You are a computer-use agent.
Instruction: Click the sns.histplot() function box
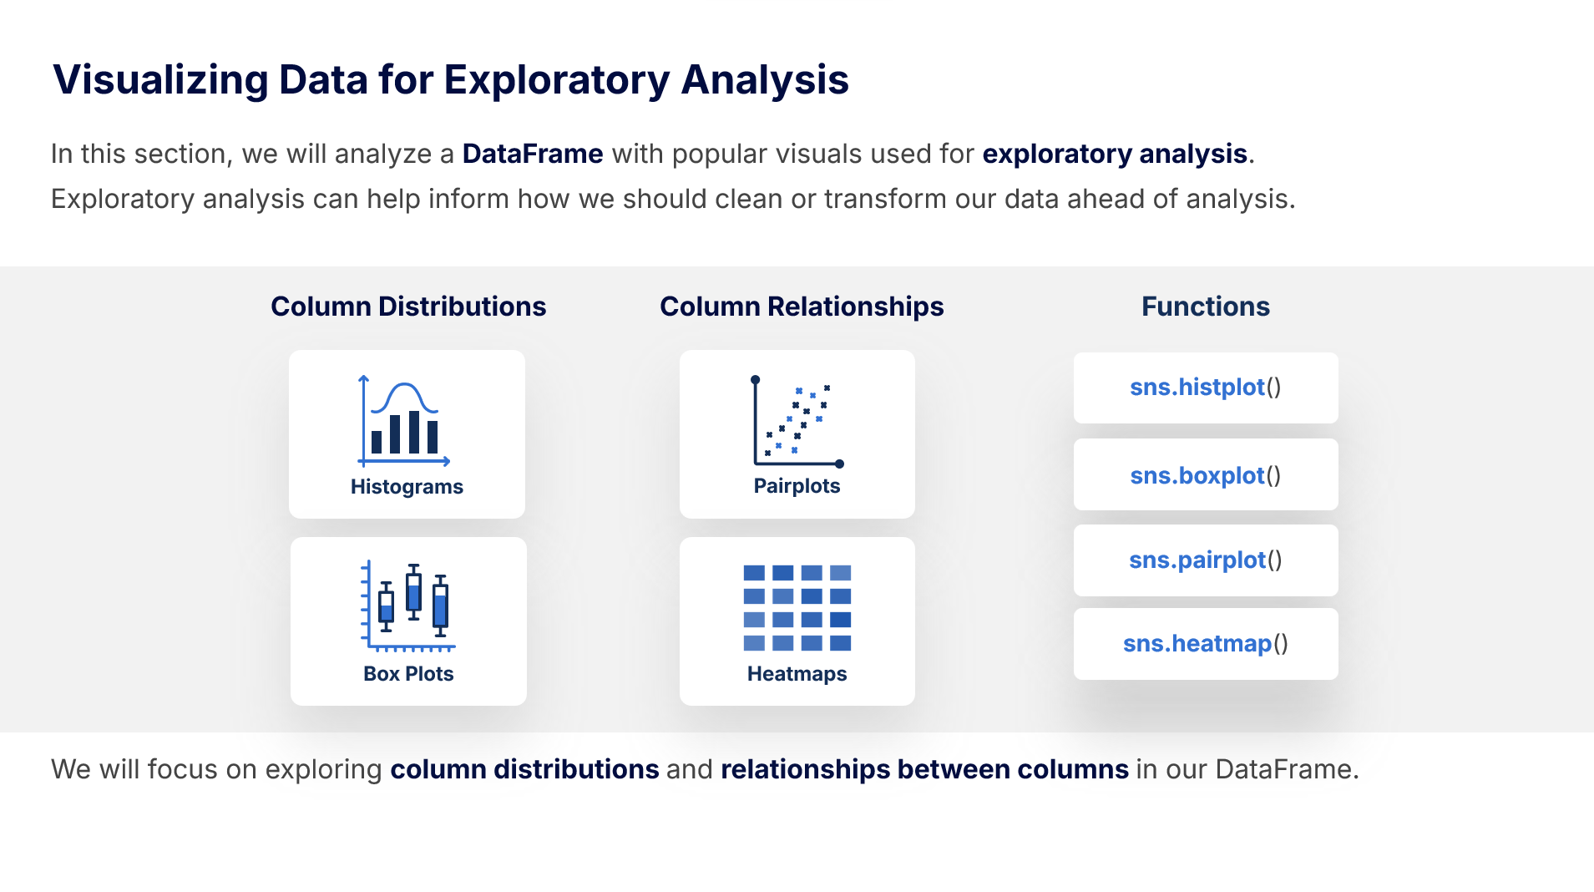(x=1205, y=388)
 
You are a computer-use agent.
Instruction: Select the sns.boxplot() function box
(x=1205, y=474)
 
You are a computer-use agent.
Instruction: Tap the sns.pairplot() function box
(x=1205, y=560)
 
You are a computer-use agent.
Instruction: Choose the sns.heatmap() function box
(x=1205, y=644)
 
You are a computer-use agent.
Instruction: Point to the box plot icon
(x=407, y=606)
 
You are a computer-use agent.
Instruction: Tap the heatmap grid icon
(x=797, y=608)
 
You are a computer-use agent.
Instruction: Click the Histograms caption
(x=407, y=487)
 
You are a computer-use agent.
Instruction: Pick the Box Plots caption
(x=408, y=674)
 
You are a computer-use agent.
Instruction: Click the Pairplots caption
(x=797, y=486)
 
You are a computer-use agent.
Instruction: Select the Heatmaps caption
(x=797, y=674)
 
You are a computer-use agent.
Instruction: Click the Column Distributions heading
(x=408, y=307)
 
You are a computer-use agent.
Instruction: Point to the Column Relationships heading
(x=802, y=307)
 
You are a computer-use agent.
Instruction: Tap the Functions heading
(x=1206, y=307)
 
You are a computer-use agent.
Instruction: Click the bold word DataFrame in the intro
(x=533, y=154)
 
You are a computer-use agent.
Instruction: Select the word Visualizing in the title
(x=161, y=80)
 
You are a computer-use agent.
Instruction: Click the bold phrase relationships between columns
(x=924, y=769)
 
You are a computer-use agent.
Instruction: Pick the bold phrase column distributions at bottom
(x=524, y=769)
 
